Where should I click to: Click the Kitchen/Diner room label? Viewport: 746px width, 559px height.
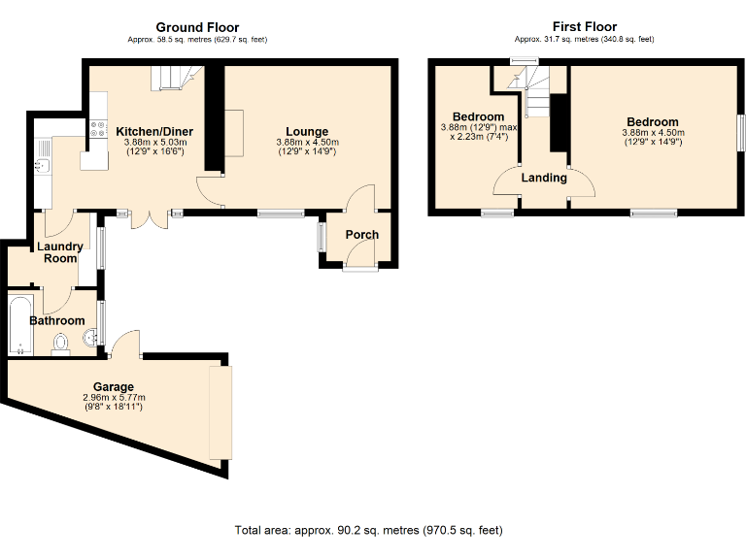(x=154, y=132)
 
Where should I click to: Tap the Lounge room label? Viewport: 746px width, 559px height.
(x=307, y=132)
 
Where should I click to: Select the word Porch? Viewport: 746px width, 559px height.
(x=361, y=235)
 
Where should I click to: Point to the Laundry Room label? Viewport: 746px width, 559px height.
(x=60, y=252)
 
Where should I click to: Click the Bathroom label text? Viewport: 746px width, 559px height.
(x=56, y=320)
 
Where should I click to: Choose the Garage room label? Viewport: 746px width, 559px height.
(x=114, y=386)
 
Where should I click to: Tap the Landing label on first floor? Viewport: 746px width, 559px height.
(x=544, y=178)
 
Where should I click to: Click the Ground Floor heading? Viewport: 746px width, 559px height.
(x=197, y=27)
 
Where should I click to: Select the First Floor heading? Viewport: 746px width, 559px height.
(x=585, y=27)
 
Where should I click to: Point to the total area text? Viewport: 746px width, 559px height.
(x=368, y=531)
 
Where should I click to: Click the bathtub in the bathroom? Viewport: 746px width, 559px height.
(x=19, y=325)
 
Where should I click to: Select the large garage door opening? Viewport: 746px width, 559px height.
(x=220, y=413)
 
